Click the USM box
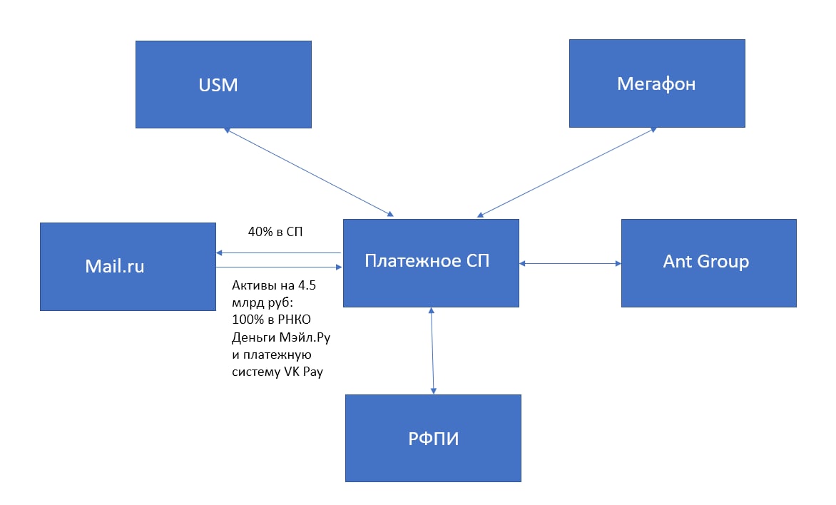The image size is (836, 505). (x=223, y=84)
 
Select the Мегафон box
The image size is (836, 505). (x=657, y=83)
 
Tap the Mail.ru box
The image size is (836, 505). (x=128, y=267)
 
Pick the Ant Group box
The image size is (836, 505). (x=708, y=263)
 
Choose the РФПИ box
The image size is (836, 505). (x=433, y=438)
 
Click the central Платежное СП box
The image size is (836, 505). (x=431, y=263)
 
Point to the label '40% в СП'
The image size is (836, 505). (x=275, y=231)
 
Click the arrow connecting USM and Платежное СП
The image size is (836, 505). (x=309, y=172)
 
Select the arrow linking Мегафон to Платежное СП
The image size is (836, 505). (x=567, y=172)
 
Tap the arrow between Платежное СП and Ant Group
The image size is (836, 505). (x=570, y=263)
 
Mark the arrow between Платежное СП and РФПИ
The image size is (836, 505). (x=432, y=351)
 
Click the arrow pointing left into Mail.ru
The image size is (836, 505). (x=278, y=252)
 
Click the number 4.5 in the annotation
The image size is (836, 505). (x=307, y=285)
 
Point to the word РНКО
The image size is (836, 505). (x=295, y=320)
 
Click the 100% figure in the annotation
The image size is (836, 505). (x=248, y=320)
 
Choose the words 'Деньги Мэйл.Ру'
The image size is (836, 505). (x=281, y=337)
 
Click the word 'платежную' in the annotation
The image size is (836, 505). (x=277, y=355)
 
